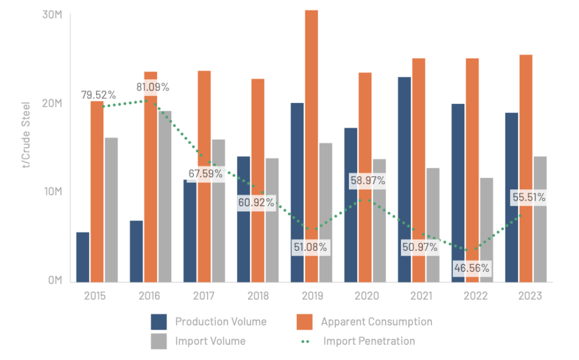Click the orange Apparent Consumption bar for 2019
pos(312,146)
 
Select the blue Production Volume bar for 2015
pos(83,257)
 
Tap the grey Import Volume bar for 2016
pos(165,197)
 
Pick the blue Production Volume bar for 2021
pos(404,180)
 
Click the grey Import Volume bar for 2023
pos(540,219)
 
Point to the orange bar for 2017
pos(204,176)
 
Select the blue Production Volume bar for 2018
pos(243,219)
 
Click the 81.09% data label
pos(153,87)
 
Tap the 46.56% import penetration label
pos(472,268)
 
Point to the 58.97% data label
pos(368,180)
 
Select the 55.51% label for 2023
pos(529,198)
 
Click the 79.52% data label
pos(98,95)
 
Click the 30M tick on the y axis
pos(52,15)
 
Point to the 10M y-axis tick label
pos(53,192)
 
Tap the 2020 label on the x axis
pos(367,296)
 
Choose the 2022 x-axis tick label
pos(476,296)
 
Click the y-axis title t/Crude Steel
pos(26,135)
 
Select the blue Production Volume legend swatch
pos(159,322)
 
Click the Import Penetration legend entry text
pos(369,341)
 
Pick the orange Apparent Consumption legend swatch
pos(305,322)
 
